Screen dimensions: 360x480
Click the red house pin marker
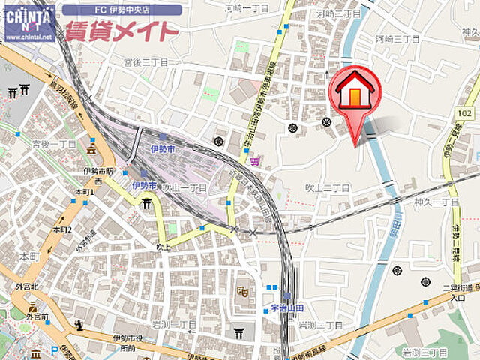(355, 94)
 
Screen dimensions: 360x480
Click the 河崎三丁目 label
(397, 38)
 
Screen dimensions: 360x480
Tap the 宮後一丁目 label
(54, 143)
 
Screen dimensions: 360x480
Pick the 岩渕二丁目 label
(320, 325)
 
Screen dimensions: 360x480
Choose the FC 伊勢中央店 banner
(121, 10)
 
